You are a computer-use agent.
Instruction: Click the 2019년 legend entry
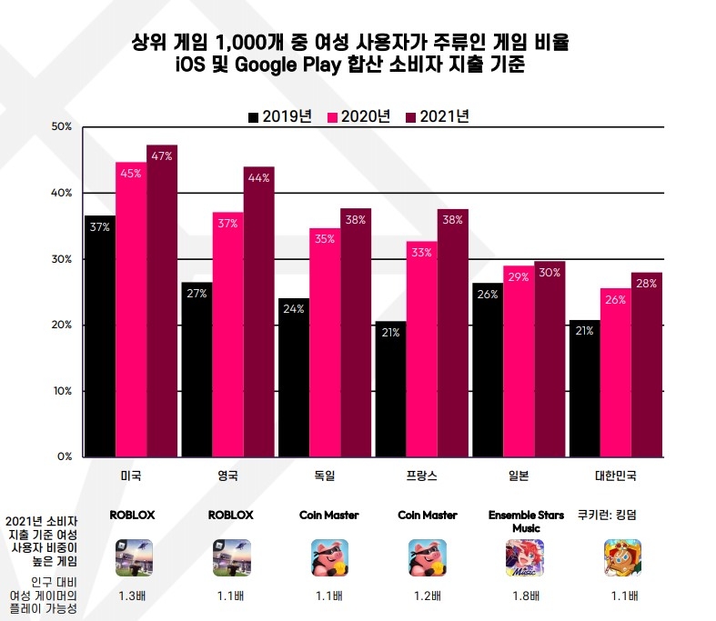coord(279,116)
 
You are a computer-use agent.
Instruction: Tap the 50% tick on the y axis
coord(62,126)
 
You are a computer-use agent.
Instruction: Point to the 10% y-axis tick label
coord(62,391)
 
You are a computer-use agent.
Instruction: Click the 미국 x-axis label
coord(131,476)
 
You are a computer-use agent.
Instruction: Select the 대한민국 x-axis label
coord(615,476)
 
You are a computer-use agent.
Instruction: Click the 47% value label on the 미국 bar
coord(163,155)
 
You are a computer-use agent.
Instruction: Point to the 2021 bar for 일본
coord(550,359)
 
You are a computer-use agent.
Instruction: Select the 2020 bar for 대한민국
coord(615,373)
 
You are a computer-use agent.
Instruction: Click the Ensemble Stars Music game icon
coord(524,557)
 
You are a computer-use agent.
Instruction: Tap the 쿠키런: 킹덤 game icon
coord(622,557)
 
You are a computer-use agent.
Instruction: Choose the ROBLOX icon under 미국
coord(134,557)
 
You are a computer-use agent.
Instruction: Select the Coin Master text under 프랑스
coord(424,516)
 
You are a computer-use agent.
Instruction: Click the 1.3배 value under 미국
coord(133,597)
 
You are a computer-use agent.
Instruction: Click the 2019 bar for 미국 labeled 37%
coord(99,336)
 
